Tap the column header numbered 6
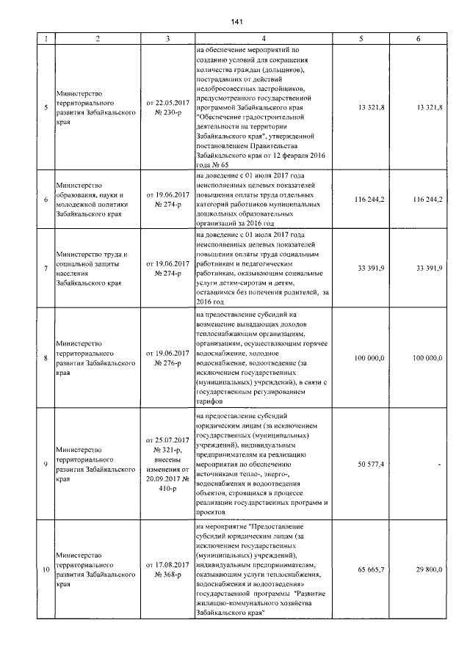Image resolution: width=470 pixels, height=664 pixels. pos(418,38)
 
